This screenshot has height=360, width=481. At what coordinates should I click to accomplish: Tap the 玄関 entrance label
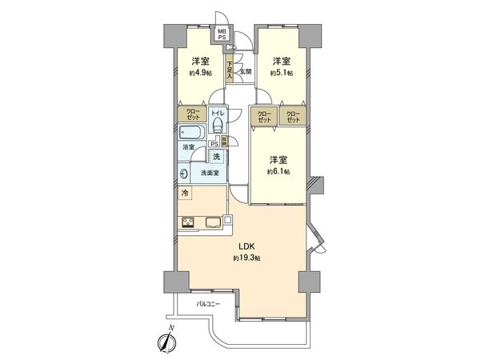point(246,72)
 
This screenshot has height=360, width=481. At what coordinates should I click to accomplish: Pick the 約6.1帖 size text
point(280,171)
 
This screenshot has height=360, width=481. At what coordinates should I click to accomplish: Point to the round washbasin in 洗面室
point(186,174)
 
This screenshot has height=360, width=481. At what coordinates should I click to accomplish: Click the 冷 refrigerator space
point(186,193)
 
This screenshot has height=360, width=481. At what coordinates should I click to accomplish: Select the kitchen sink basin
point(214,222)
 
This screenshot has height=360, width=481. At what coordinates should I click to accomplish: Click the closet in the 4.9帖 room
point(193,114)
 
